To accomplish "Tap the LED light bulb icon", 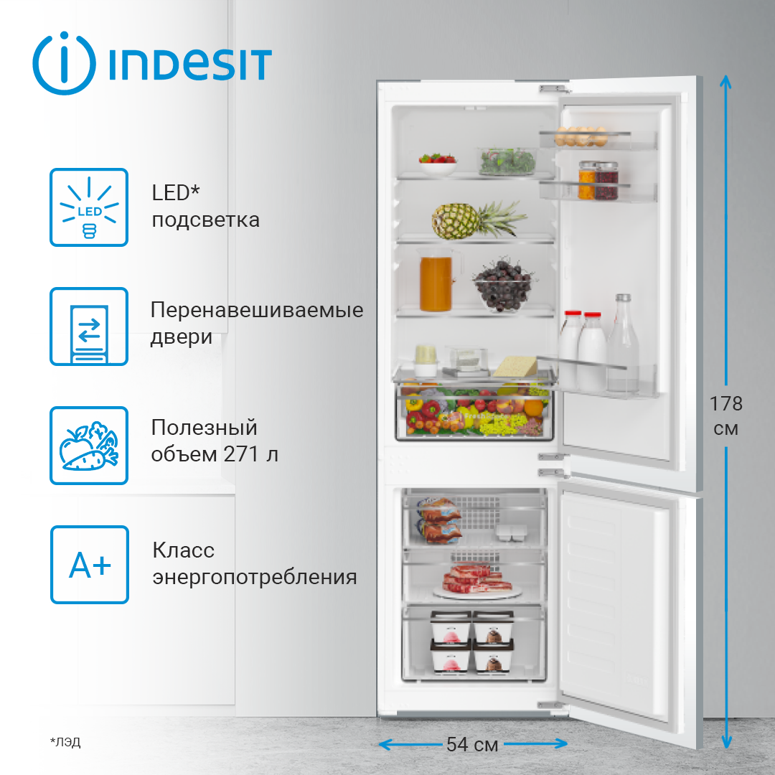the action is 89,207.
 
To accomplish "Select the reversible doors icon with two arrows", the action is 89,327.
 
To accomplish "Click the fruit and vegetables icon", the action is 89,446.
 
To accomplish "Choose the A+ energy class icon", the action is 89,565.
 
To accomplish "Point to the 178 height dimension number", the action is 726,404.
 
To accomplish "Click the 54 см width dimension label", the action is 472,744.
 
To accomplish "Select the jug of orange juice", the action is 436,283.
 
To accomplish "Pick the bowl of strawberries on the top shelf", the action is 437,163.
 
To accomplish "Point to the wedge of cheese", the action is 515,366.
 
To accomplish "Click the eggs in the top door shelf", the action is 581,134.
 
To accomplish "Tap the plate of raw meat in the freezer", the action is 476,581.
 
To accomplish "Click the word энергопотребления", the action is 255,577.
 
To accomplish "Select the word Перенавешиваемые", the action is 257,311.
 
